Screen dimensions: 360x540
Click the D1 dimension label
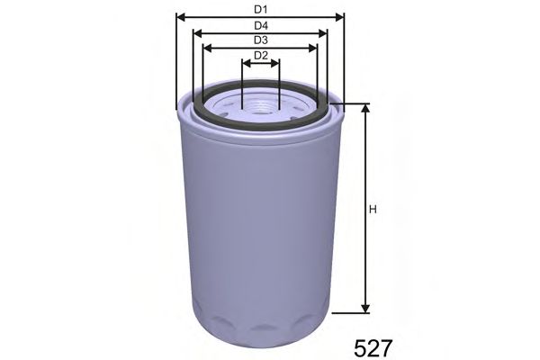coord(261,8)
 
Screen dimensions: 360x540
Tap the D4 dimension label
coord(261,25)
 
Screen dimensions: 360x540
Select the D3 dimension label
coord(261,40)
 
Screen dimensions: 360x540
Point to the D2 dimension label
coord(261,56)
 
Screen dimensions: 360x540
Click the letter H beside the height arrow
coord(373,211)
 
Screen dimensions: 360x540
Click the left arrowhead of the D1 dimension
coord(181,16)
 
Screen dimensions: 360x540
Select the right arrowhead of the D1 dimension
coord(340,16)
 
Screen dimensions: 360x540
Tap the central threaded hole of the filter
coord(261,108)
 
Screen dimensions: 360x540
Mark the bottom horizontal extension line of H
coord(351,313)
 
